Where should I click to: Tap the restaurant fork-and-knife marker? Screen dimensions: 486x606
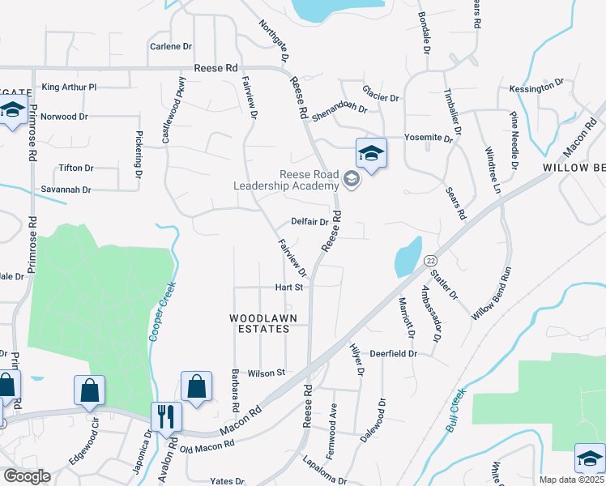point(166,416)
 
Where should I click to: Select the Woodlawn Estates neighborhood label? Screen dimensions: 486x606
point(259,323)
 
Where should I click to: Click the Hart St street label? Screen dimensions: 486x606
point(288,288)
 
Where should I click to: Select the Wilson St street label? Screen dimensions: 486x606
point(267,373)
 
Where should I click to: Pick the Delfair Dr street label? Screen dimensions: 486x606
point(309,222)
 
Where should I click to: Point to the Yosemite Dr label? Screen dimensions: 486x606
point(429,139)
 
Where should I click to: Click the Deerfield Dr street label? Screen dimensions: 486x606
point(393,354)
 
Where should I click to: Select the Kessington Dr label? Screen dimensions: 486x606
point(536,87)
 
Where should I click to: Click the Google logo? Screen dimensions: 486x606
point(27,476)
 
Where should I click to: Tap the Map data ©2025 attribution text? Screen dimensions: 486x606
point(572,480)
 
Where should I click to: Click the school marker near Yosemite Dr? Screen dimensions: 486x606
point(371,153)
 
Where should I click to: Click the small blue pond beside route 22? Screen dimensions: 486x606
point(406,258)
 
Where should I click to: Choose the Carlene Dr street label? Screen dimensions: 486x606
point(171,47)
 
